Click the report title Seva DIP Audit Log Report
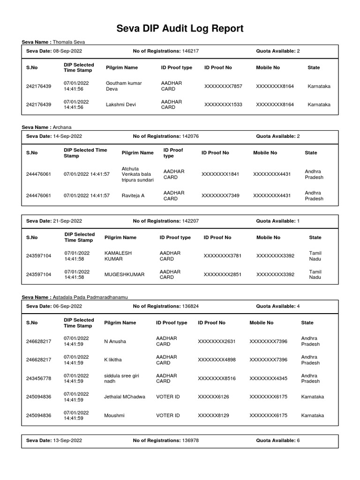pyautogui.click(x=180, y=29)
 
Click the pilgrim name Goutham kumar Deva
pyautogui.click(x=124, y=86)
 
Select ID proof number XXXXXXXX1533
pyautogui.click(x=223, y=105)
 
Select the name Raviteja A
pyautogui.click(x=133, y=195)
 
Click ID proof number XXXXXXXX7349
pyautogui.click(x=220, y=195)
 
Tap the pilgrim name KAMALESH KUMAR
pyautogui.click(x=118, y=255)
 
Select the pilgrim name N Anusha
pyautogui.click(x=115, y=341)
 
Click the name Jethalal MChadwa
pyautogui.click(x=125, y=397)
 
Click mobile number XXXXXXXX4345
pyautogui.click(x=268, y=378)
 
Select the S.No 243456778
pyautogui.click(x=39, y=378)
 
